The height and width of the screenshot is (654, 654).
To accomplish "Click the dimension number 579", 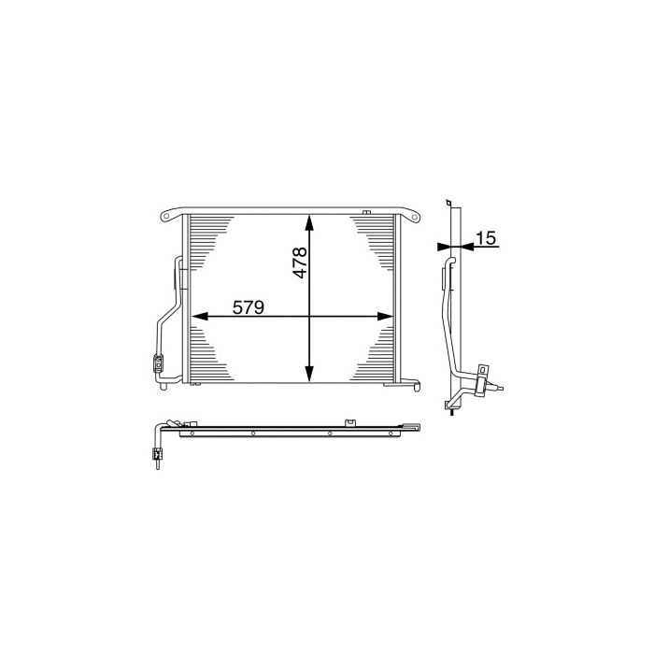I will [x=247, y=306].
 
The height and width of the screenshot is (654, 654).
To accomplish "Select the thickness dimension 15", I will [x=485, y=238].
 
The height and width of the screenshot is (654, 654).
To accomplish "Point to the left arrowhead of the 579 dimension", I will [x=196, y=318].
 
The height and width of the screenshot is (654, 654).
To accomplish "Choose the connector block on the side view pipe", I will [x=482, y=376].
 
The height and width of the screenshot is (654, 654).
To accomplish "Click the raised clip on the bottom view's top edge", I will [x=351, y=422].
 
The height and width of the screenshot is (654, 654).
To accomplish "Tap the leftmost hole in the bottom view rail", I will [x=192, y=433].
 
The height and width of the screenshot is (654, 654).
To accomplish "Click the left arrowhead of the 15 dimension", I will [x=443, y=248].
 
